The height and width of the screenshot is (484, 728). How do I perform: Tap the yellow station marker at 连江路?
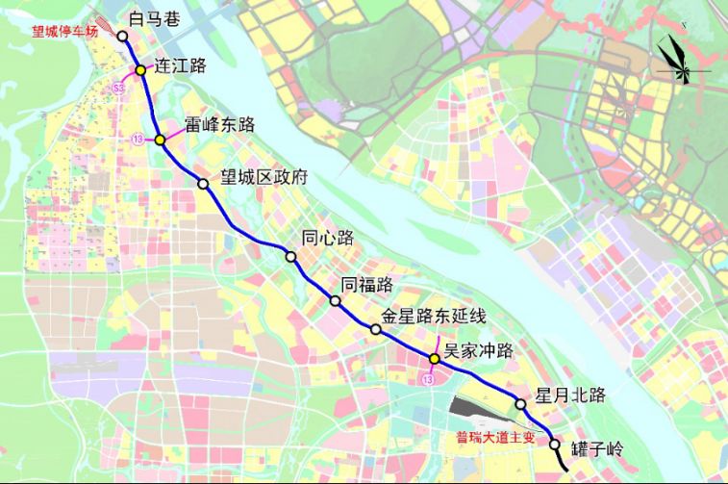140,70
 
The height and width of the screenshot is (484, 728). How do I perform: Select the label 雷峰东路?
219,124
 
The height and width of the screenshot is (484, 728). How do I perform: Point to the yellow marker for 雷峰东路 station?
160,140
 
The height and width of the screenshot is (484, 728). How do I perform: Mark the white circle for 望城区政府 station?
203,184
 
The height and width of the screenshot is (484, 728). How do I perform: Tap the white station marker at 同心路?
290,256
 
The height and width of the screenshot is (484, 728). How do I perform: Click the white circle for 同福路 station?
336,301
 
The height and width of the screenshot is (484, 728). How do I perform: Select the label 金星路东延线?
435,315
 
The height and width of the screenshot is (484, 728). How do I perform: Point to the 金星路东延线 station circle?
376,329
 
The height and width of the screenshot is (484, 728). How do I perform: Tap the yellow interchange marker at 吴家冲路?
435,359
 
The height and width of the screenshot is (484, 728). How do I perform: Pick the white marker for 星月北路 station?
520,405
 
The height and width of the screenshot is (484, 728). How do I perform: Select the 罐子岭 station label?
597,447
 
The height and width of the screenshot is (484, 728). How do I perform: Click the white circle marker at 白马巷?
123,36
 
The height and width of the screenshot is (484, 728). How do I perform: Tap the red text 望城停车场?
65,31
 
